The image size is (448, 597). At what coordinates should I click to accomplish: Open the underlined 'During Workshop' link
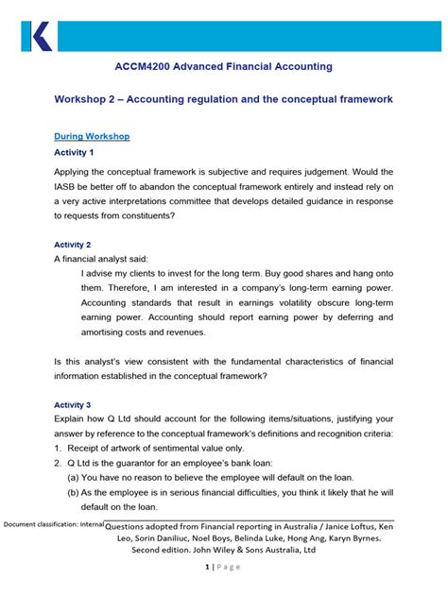coord(92,136)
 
